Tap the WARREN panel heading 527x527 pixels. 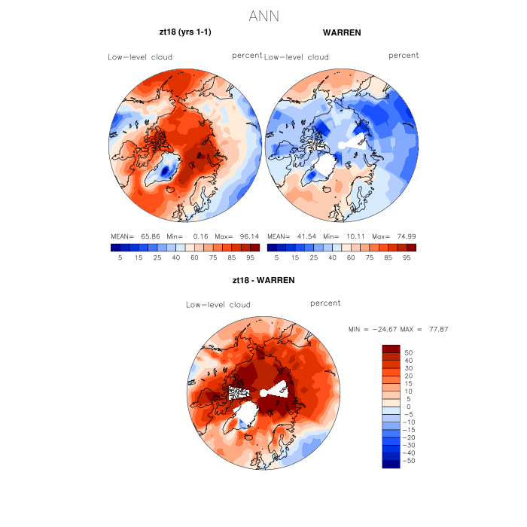(x=342, y=33)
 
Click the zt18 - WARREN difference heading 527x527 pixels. (x=263, y=280)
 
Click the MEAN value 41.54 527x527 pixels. (x=305, y=236)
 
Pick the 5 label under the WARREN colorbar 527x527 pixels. (x=276, y=257)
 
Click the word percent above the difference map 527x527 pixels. (x=325, y=303)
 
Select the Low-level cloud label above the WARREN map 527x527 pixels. (x=297, y=57)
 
